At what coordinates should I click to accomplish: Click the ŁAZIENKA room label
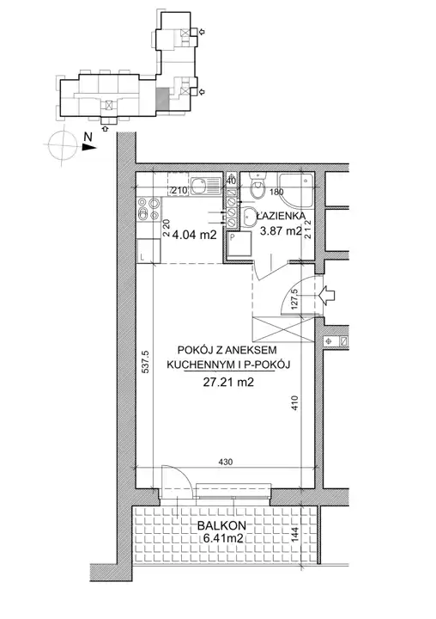(x=281, y=216)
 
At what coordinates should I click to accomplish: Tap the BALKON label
(x=221, y=525)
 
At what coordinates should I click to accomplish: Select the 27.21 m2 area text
(x=228, y=382)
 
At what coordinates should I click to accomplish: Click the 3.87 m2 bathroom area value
(x=281, y=231)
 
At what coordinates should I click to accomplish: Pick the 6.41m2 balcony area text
(x=221, y=537)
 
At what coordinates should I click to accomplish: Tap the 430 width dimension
(x=226, y=462)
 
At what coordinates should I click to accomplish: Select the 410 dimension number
(x=295, y=403)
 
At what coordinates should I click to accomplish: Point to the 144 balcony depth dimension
(x=295, y=536)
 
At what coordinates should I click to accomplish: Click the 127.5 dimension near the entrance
(x=295, y=301)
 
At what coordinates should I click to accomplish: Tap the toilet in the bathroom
(x=258, y=187)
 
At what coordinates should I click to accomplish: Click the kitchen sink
(x=206, y=186)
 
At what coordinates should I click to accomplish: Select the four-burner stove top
(x=148, y=208)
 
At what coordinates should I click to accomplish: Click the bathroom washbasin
(x=247, y=218)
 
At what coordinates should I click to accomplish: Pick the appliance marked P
(x=239, y=244)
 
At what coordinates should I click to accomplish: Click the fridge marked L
(x=148, y=251)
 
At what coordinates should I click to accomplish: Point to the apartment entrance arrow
(x=326, y=295)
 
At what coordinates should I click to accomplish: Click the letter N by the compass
(x=88, y=137)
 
